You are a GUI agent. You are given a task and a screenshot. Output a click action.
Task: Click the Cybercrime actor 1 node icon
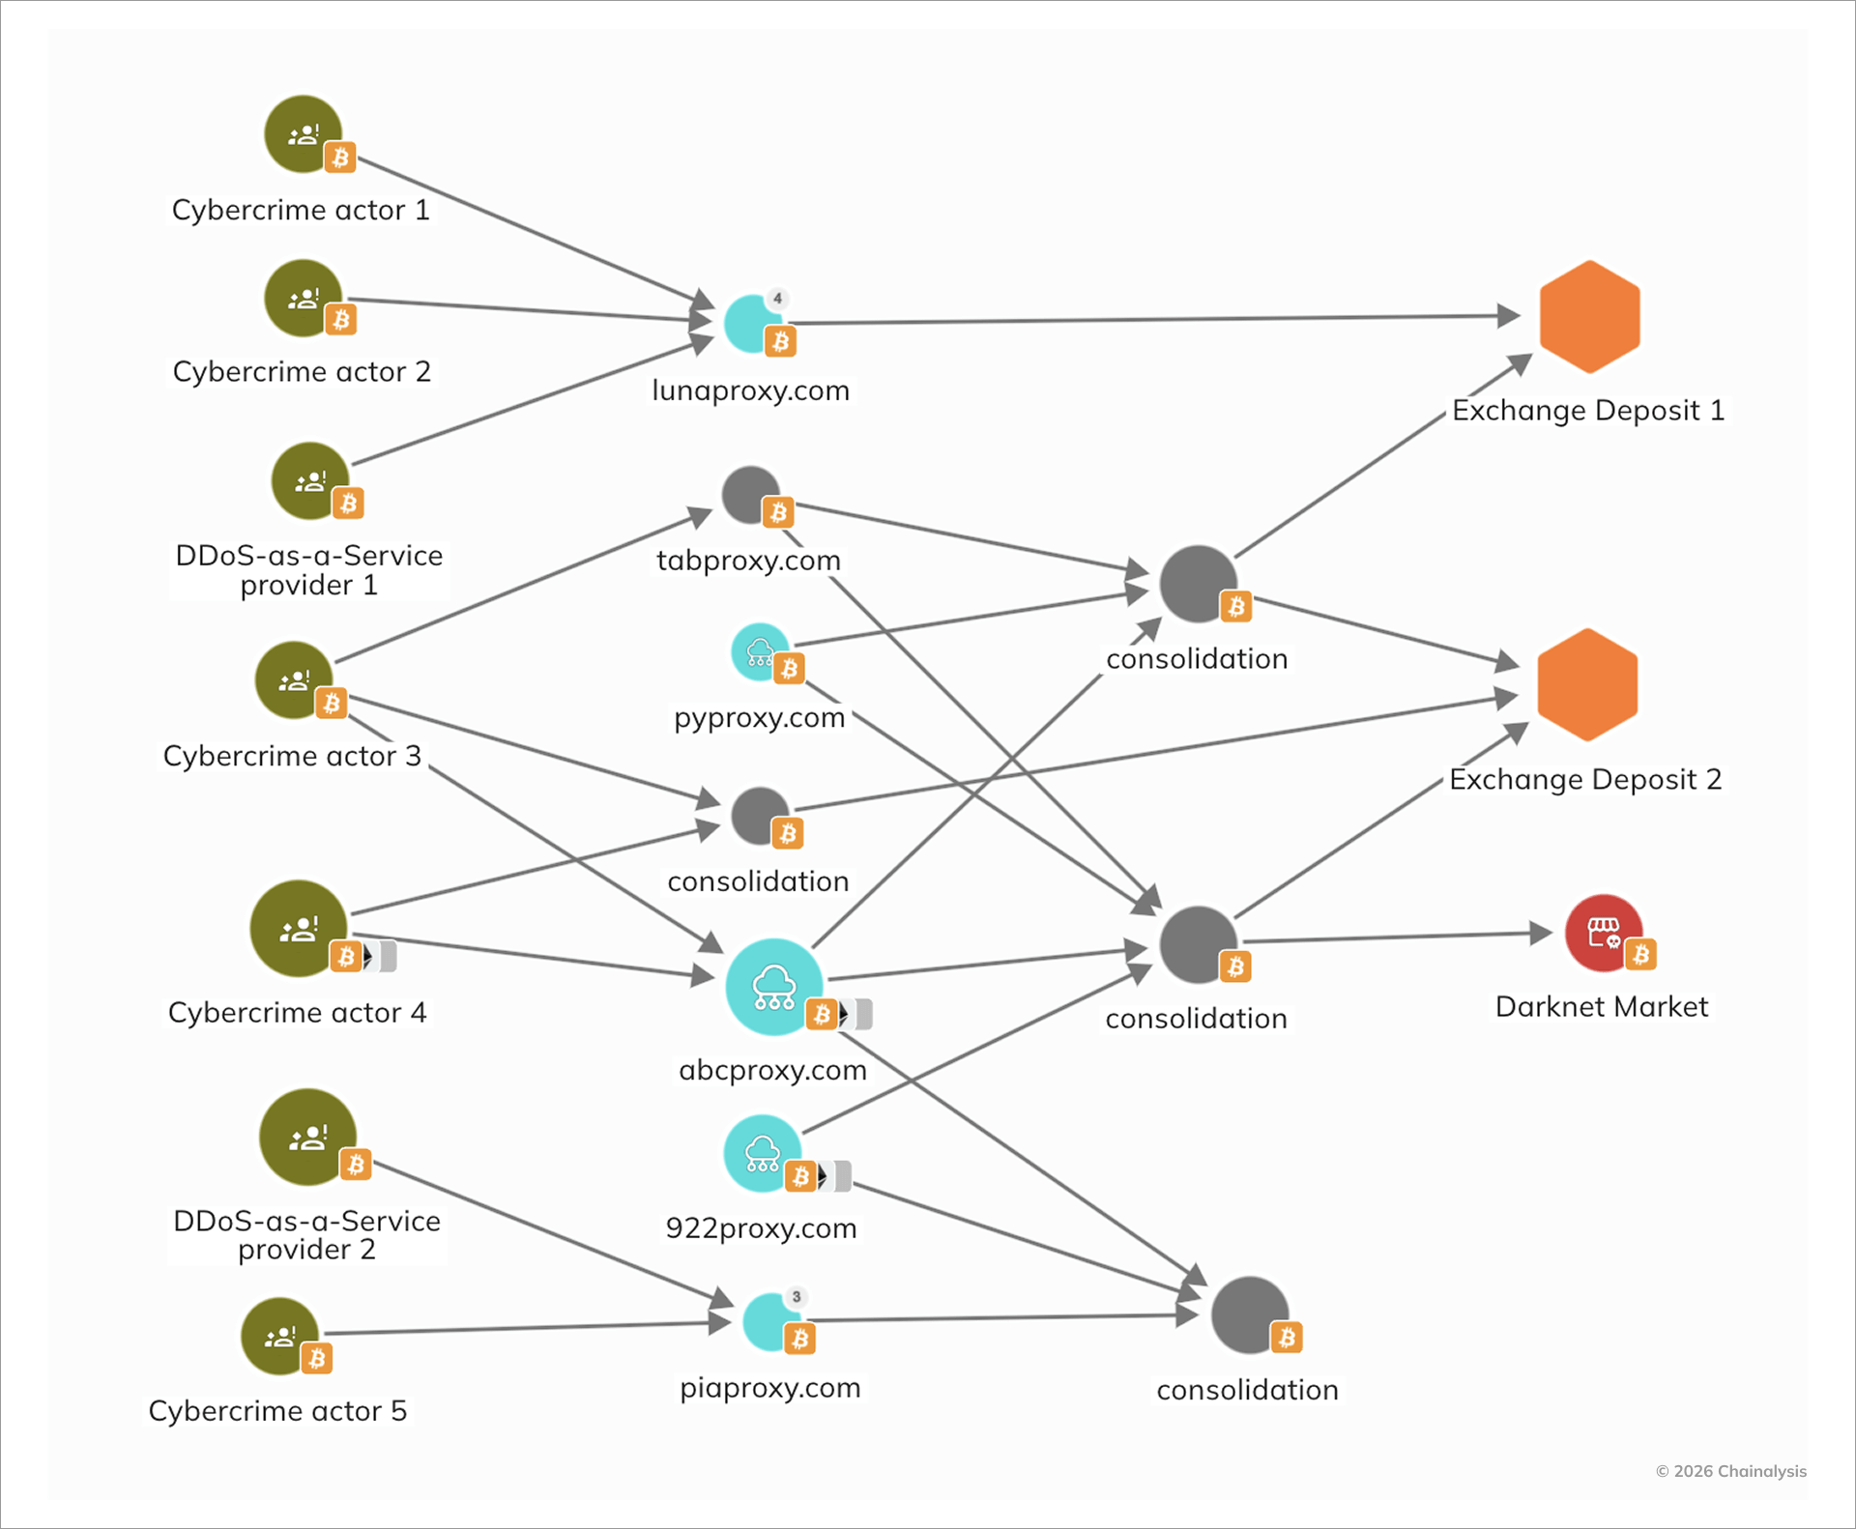pos(303,133)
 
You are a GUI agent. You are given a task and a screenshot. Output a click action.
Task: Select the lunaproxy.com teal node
pos(752,323)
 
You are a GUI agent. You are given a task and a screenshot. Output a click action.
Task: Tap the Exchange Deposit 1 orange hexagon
pos(1589,316)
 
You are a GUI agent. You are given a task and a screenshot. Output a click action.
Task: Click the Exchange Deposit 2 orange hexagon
pos(1586,684)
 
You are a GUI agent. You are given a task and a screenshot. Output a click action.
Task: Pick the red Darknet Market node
pos(1603,933)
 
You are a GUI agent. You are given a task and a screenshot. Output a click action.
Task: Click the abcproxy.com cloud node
pos(773,986)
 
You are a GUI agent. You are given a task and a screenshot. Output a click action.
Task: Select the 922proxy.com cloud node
pos(762,1153)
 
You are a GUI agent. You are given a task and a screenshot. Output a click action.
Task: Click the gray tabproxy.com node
pos(751,495)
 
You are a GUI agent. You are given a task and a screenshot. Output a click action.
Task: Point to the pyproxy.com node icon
pos(760,651)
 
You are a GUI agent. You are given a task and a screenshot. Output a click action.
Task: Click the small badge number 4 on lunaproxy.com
pos(777,298)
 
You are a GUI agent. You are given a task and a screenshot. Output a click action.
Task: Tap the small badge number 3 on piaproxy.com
pos(796,1297)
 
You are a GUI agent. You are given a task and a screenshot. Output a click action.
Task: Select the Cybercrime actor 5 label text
pos(277,1410)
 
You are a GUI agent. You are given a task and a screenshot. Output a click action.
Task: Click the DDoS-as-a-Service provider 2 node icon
pos(307,1137)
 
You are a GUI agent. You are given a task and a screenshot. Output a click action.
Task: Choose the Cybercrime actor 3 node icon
pos(294,679)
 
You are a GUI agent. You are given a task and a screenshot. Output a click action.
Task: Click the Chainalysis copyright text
pos(1730,1471)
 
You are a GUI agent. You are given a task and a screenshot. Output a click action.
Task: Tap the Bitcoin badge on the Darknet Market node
pos(1640,955)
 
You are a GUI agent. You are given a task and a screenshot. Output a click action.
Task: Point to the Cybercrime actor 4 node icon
pos(298,928)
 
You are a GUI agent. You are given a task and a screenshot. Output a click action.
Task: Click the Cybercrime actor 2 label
pos(302,371)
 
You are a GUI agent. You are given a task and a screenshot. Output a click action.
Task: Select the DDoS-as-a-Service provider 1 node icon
pos(309,480)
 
